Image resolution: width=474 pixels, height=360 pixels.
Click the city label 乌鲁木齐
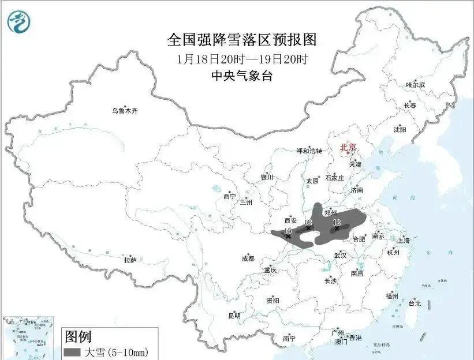click(x=125, y=110)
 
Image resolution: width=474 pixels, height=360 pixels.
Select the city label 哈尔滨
click(x=415, y=85)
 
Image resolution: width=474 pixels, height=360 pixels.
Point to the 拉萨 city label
click(x=130, y=260)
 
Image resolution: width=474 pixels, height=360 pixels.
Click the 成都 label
click(x=248, y=259)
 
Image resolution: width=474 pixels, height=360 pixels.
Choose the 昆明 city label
click(x=234, y=316)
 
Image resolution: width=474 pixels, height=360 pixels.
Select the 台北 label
click(x=415, y=303)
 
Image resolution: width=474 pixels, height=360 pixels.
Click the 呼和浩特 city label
click(x=310, y=151)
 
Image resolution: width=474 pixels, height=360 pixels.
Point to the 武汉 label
click(x=340, y=255)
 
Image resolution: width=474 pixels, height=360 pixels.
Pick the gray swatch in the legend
click(x=72, y=351)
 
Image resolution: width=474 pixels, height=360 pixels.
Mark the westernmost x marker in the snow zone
click(x=288, y=237)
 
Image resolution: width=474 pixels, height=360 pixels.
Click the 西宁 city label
click(x=229, y=197)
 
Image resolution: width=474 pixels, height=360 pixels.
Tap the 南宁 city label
click(x=289, y=339)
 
